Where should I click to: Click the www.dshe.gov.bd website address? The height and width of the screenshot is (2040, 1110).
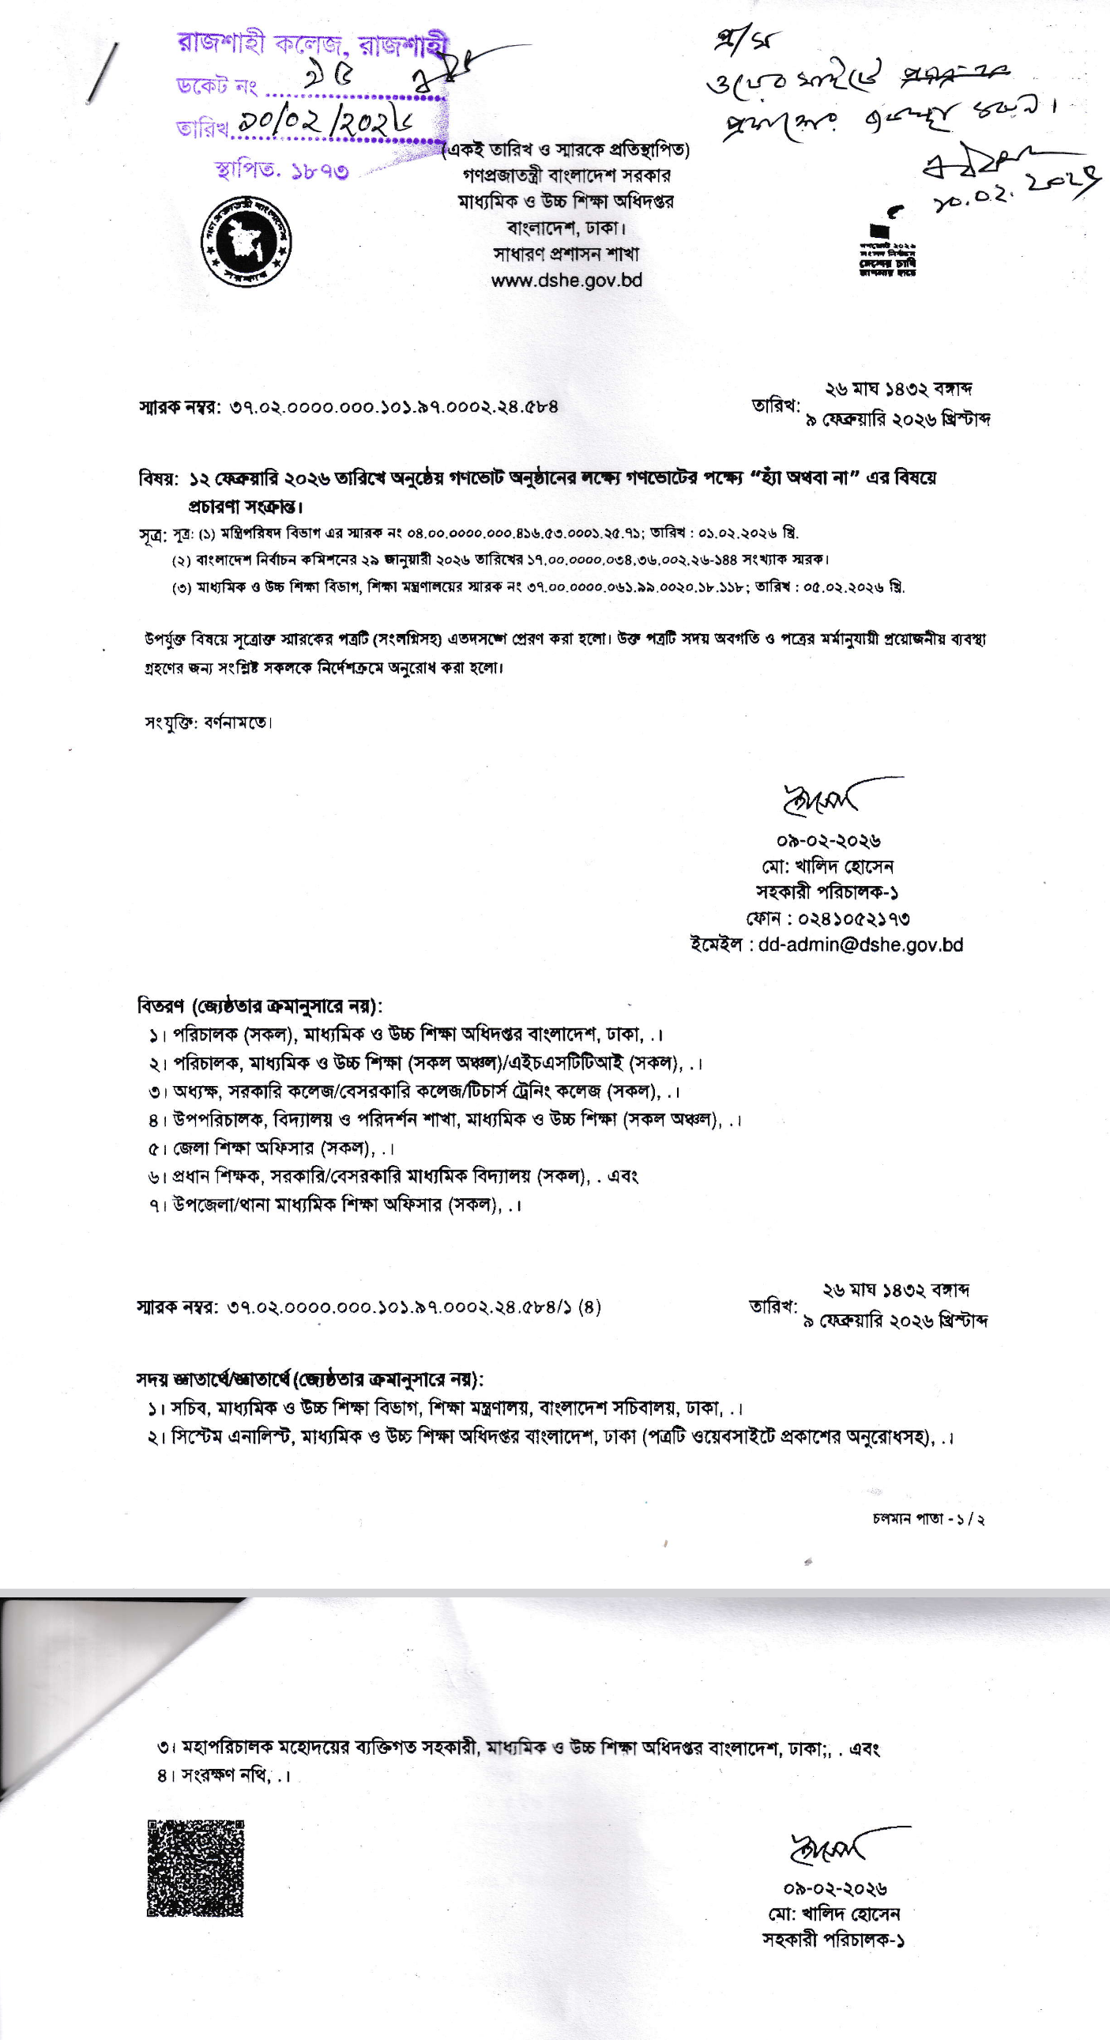[x=566, y=281]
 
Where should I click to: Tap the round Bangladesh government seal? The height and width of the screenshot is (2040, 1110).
[x=246, y=239]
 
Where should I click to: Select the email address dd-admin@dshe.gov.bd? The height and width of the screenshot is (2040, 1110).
[x=860, y=945]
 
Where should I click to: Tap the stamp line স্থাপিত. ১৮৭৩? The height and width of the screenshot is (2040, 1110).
[x=281, y=170]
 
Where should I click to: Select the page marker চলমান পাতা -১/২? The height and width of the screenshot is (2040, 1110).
[x=928, y=1519]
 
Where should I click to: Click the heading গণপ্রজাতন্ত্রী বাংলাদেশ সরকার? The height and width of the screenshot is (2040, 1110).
[x=566, y=174]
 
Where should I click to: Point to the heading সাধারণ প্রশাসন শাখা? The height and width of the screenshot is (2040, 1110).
[x=566, y=255]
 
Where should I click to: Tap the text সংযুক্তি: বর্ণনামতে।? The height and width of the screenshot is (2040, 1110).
[x=209, y=722]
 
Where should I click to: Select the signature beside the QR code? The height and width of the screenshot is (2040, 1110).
[x=831, y=1847]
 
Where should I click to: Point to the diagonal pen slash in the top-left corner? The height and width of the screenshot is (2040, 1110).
[x=103, y=73]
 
